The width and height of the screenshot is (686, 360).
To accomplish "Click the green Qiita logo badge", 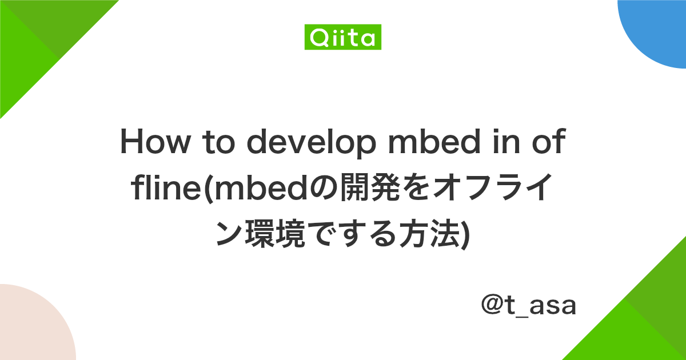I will pos(342,38).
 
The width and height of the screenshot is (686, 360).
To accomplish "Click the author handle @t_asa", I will pos(528,306).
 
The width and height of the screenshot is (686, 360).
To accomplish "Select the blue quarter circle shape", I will pos(657,29).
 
